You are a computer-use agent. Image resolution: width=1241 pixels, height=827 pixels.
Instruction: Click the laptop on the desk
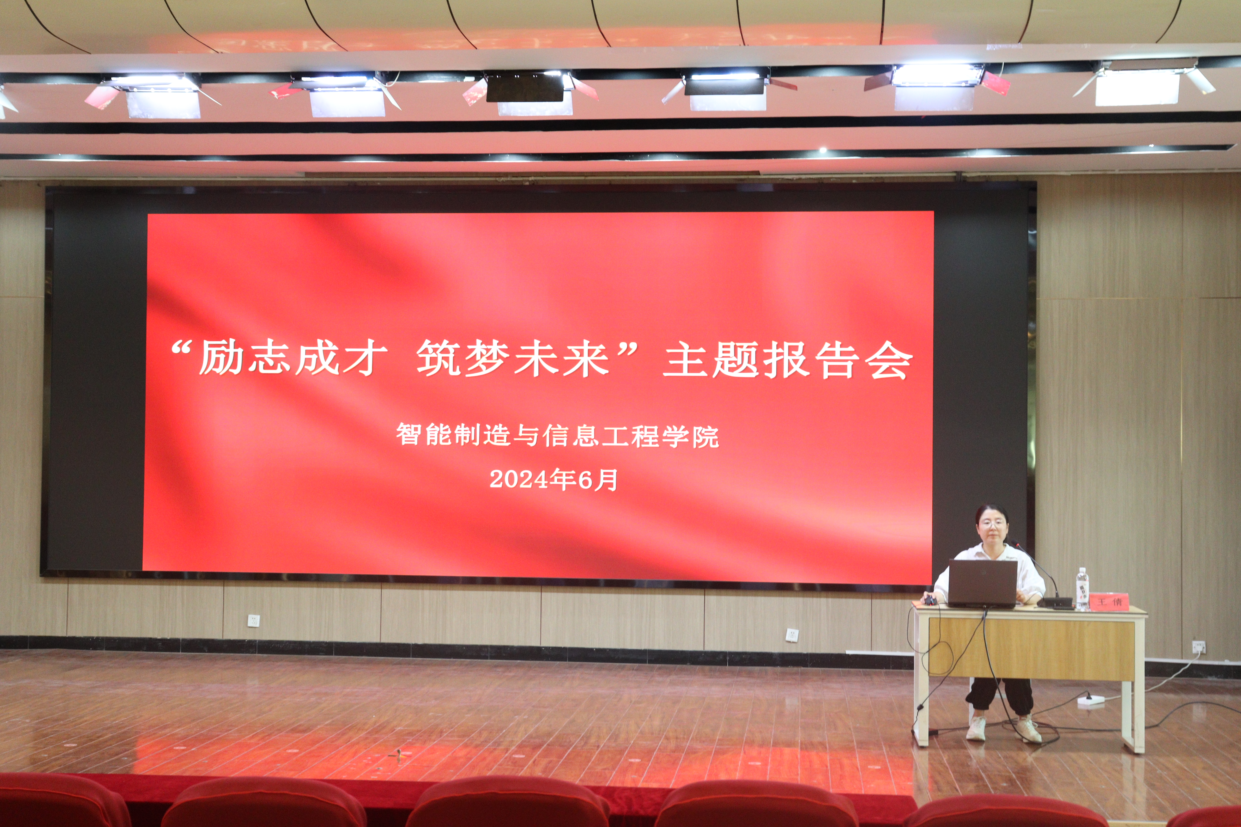pyautogui.click(x=982, y=583)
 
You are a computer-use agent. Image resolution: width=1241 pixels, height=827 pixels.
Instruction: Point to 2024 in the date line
pyautogui.click(x=519, y=479)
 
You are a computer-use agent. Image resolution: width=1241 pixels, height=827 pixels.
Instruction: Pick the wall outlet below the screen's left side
pyautogui.click(x=254, y=620)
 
